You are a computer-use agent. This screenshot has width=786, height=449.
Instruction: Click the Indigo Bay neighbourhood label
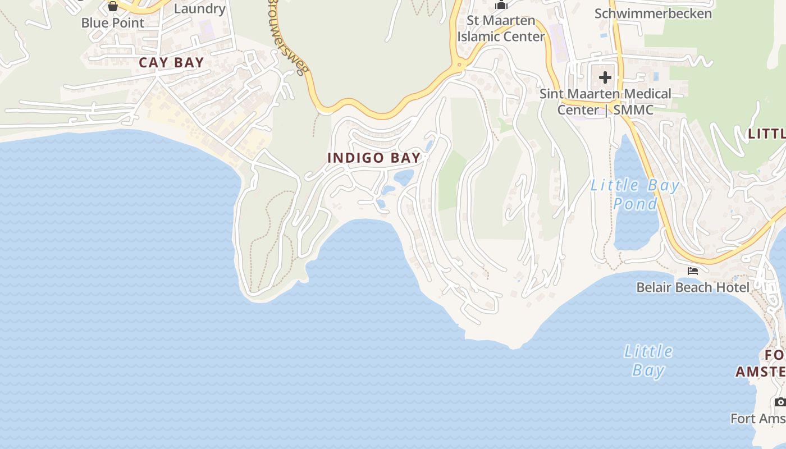click(x=374, y=158)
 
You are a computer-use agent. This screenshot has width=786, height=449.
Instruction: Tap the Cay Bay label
click(x=171, y=62)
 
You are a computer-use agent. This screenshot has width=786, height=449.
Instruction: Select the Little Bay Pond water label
click(x=635, y=194)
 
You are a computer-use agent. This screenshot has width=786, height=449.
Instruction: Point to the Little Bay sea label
click(x=648, y=360)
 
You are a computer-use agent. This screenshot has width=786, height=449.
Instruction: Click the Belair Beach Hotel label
click(x=692, y=287)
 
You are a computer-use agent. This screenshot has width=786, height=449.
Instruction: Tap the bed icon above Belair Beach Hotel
click(x=693, y=271)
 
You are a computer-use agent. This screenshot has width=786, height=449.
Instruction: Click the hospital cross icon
click(x=605, y=77)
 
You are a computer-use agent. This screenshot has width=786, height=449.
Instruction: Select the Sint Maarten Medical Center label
click(x=605, y=101)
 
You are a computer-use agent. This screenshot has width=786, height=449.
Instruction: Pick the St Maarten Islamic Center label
click(x=501, y=29)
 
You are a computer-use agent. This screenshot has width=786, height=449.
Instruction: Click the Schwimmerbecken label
click(x=653, y=13)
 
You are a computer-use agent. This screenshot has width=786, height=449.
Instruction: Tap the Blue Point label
click(x=113, y=23)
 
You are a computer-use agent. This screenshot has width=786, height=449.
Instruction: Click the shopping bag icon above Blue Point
click(x=113, y=6)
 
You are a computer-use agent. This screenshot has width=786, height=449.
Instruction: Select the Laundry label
click(x=199, y=8)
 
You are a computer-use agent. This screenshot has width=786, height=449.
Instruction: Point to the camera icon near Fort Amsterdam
click(x=780, y=402)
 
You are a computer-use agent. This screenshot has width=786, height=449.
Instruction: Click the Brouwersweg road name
click(x=287, y=36)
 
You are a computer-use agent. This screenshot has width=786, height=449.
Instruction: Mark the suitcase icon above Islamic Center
click(x=501, y=5)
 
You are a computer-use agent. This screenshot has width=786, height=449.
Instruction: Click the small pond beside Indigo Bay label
click(x=404, y=178)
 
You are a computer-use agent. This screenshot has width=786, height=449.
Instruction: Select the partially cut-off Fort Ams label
click(x=758, y=418)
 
